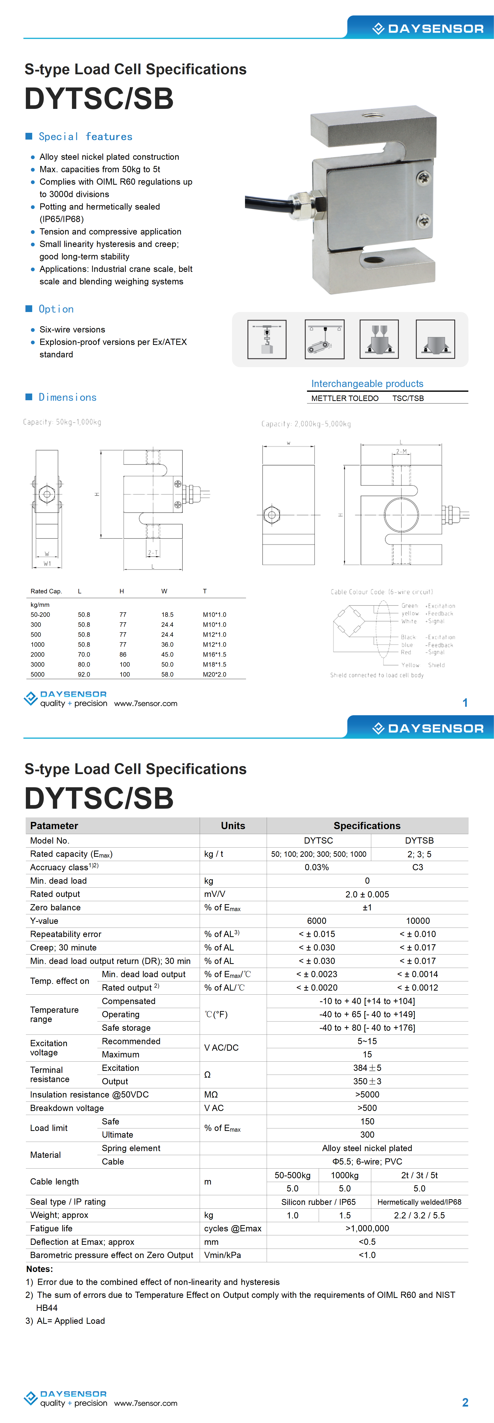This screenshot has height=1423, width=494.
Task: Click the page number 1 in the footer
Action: click(465, 703)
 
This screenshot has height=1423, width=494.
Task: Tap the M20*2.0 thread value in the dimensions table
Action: click(214, 674)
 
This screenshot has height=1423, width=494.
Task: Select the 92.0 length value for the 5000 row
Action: click(84, 674)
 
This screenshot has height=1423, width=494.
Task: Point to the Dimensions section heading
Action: click(67, 397)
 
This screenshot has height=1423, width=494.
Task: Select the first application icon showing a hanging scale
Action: click(267, 339)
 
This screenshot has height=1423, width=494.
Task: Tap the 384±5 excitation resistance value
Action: click(367, 1068)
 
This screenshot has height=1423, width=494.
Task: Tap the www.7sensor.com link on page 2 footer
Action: click(146, 1403)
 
